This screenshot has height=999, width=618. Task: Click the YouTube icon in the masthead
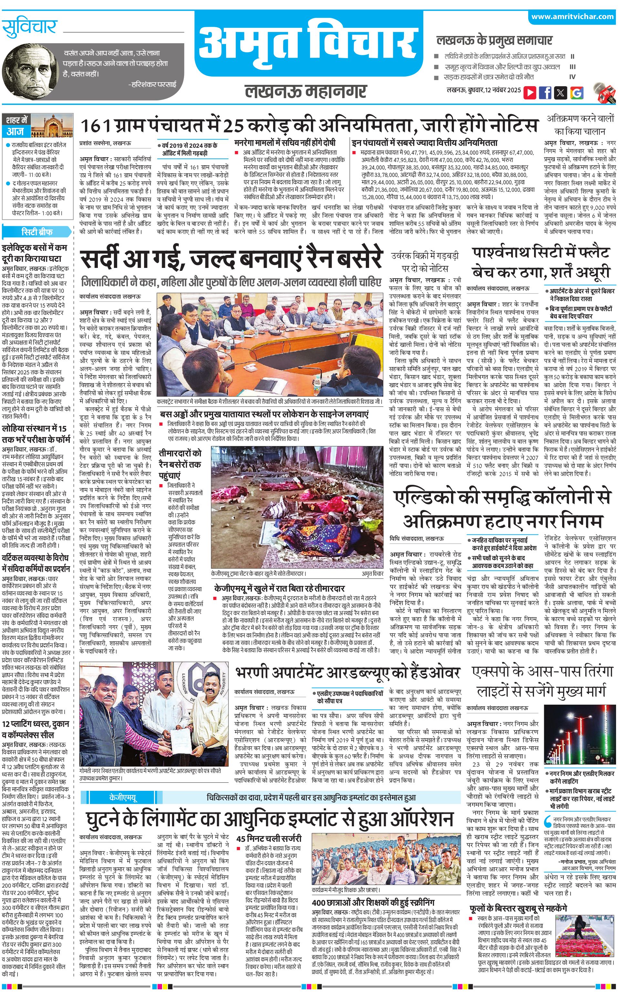pyautogui.click(x=530, y=93)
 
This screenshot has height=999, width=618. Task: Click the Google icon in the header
pyautogui.click(x=576, y=93)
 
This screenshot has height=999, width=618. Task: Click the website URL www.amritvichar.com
pyautogui.click(x=572, y=17)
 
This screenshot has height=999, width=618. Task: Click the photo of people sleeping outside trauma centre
pyautogui.click(x=297, y=507)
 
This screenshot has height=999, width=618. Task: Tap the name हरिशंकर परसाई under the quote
pyautogui.click(x=153, y=85)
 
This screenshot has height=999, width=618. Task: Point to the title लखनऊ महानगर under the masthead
pyautogui.click(x=305, y=92)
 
